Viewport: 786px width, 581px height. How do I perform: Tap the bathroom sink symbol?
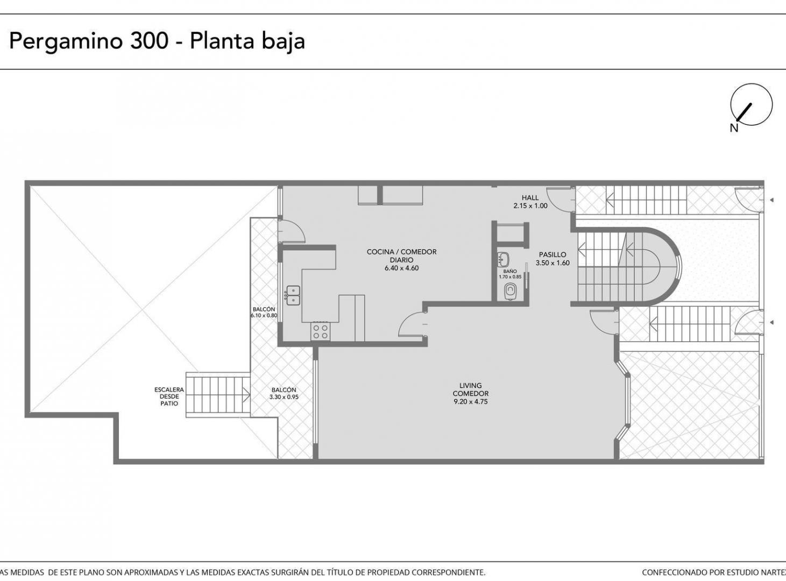pos(503,259)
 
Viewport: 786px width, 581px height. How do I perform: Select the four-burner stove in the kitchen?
pos(320,331)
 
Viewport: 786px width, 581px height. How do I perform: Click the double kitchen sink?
pos(293,295)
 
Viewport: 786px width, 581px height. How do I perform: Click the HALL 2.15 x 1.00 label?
pos(530,202)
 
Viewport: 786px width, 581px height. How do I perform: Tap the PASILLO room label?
pos(553,254)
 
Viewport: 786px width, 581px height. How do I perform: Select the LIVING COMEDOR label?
pos(471,389)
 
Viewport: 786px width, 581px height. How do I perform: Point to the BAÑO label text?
pos(510,272)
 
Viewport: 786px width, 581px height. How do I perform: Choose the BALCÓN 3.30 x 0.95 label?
pos(284,393)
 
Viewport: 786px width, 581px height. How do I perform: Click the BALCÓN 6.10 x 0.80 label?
pos(264,312)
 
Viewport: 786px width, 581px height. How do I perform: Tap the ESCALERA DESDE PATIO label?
pos(169,396)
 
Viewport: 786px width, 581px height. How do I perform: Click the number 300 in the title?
pos(149,41)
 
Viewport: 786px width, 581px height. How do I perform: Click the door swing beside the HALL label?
pos(560,200)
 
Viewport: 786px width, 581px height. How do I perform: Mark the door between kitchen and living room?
pos(413,324)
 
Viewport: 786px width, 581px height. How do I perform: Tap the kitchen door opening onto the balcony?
pos(291,231)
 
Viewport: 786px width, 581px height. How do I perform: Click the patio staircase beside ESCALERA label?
pos(218,394)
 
